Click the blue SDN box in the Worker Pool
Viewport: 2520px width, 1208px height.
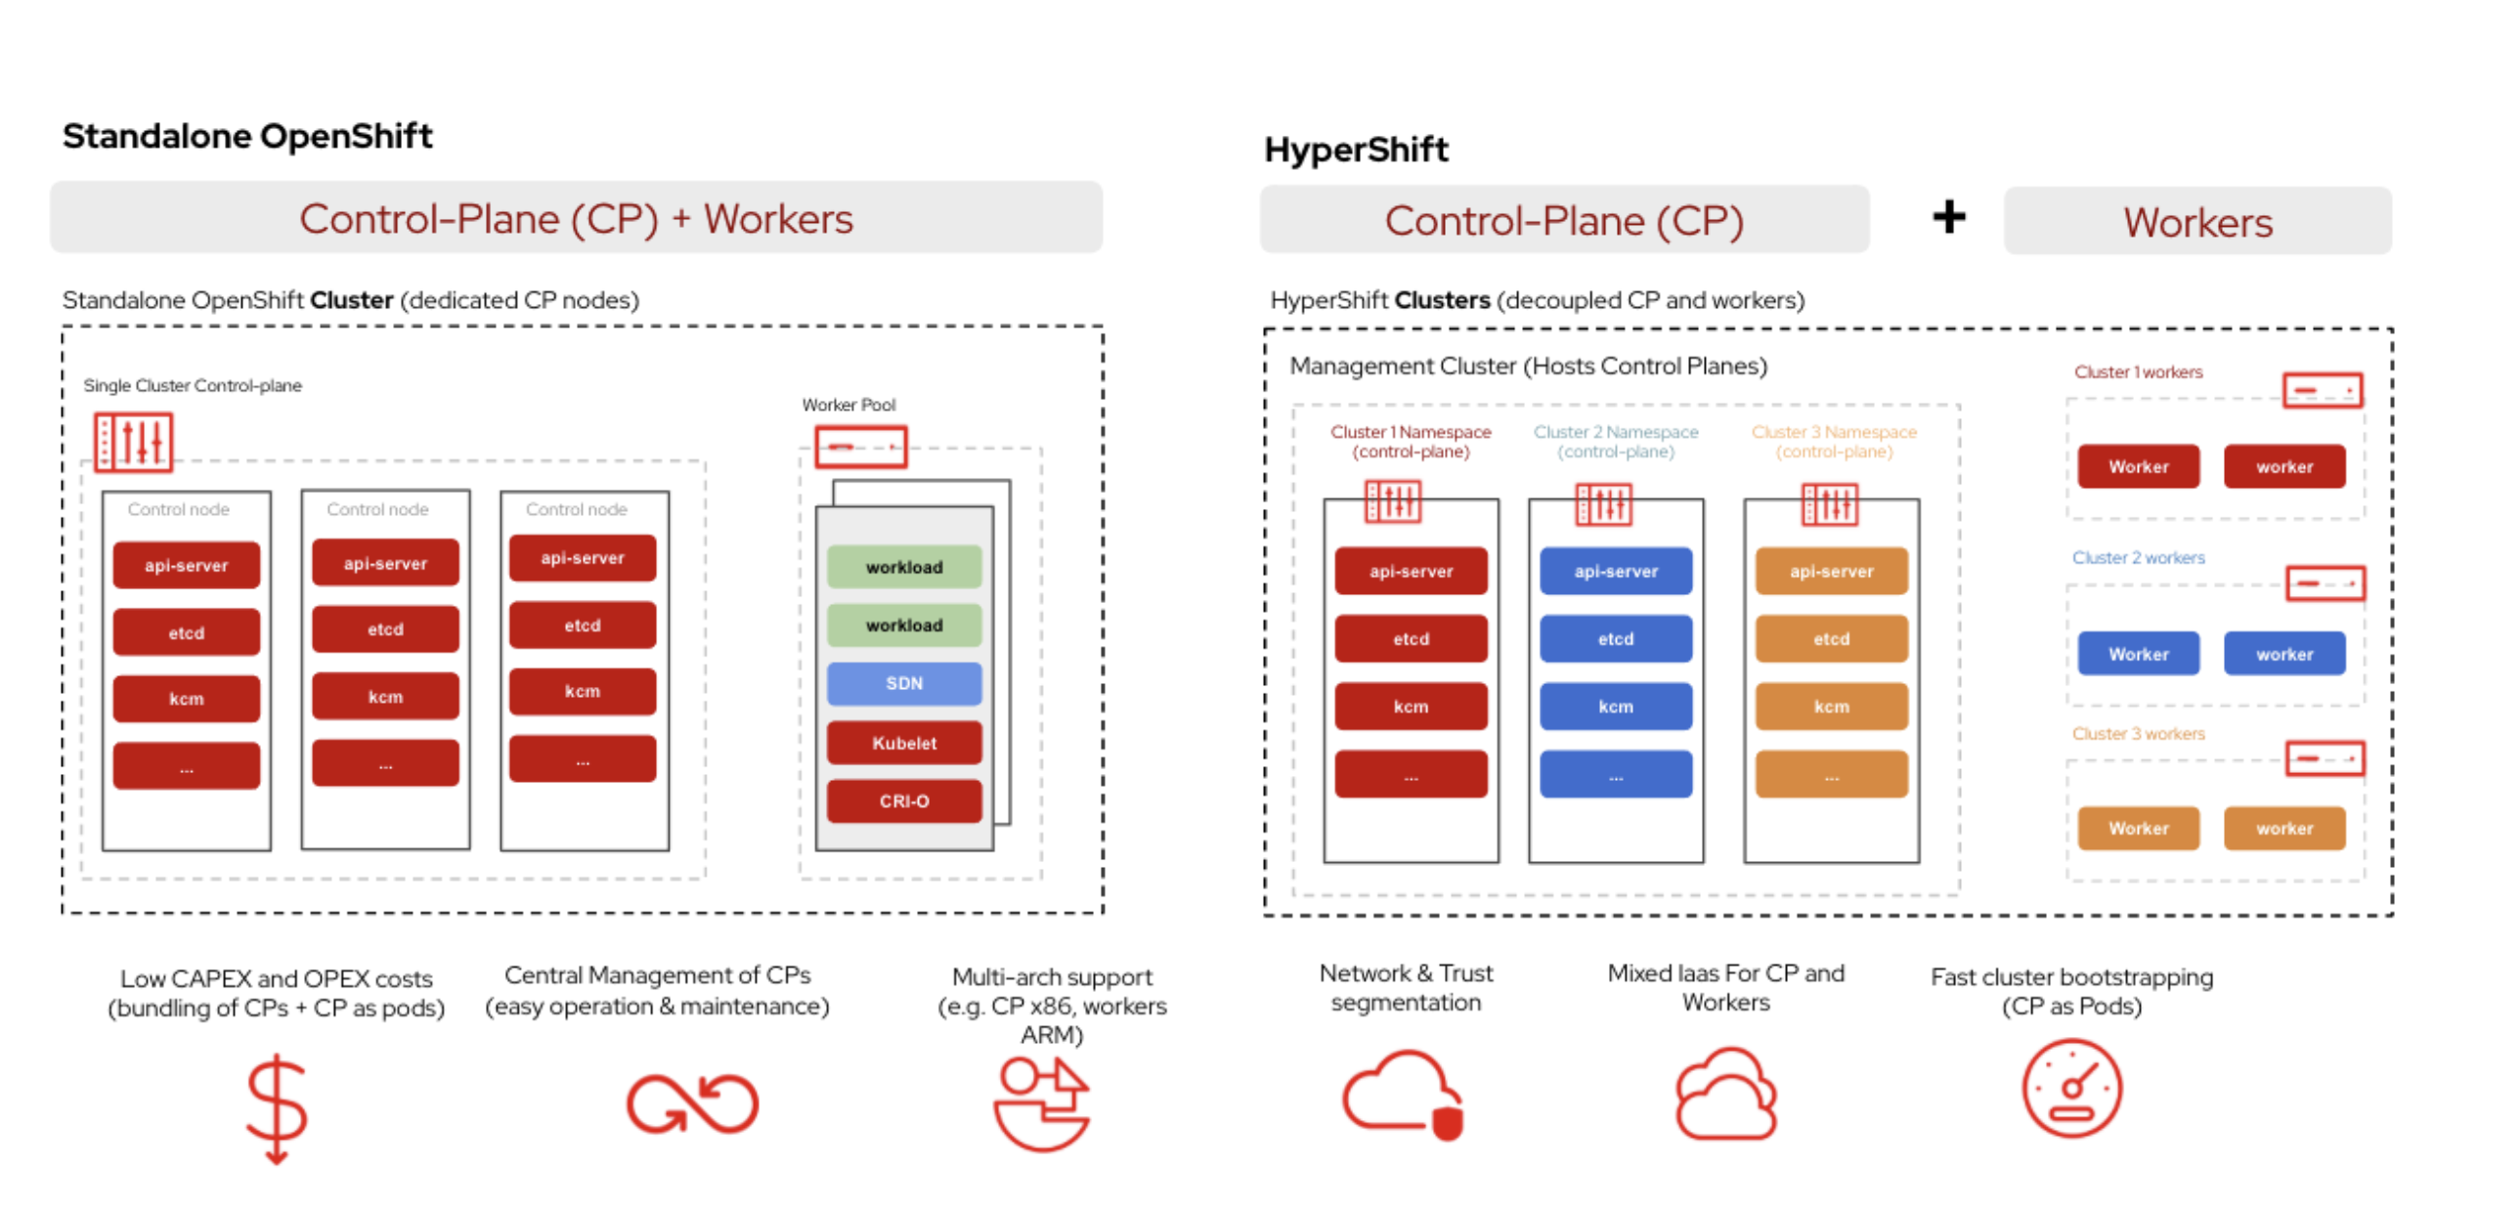[903, 683]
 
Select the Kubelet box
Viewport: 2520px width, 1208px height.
[903, 743]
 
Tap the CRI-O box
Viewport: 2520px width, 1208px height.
[903, 800]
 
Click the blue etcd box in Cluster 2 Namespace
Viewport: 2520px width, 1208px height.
[1615, 638]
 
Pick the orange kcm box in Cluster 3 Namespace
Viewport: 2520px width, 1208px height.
[1830, 706]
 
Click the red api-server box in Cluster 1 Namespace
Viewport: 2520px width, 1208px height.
[1410, 570]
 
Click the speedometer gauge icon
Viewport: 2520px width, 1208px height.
[2071, 1088]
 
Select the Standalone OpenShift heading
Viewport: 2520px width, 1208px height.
[246, 136]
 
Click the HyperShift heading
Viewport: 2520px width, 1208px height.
[1355, 150]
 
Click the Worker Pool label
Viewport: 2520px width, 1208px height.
[848, 404]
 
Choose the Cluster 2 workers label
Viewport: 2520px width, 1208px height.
[2138, 556]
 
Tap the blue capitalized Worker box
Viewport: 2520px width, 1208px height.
[2138, 654]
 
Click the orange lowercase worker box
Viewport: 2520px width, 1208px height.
[2283, 828]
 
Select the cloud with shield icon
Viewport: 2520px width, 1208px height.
[1402, 1094]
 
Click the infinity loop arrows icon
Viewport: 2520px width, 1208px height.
[692, 1103]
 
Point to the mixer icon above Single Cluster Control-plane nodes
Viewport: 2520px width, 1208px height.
[133, 442]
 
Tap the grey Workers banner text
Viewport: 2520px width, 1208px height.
[2196, 222]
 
